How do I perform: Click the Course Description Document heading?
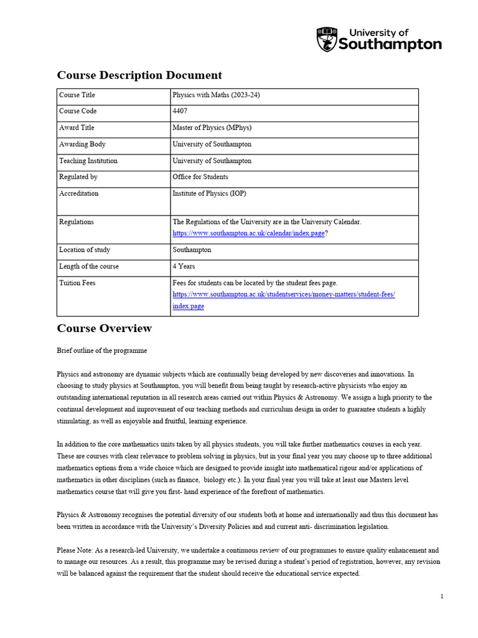pos(139,75)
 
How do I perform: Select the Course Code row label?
pos(78,111)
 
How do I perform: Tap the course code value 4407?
pos(180,111)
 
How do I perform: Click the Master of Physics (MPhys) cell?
pos(212,128)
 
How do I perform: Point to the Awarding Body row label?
pos(82,144)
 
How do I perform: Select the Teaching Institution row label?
pos(88,161)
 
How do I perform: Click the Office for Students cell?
pos(200,177)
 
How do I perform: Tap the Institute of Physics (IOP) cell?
pos(209,193)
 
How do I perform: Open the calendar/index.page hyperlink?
pos(248,233)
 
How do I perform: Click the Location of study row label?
pos(85,250)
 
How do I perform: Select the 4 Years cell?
pos(184,267)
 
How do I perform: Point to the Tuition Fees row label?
pos(77,283)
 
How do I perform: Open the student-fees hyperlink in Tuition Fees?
pos(283,294)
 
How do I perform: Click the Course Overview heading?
pos(104,328)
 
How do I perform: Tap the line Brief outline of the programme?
pos(102,351)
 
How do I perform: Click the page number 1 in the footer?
pos(442,596)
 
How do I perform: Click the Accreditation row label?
pos(78,193)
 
